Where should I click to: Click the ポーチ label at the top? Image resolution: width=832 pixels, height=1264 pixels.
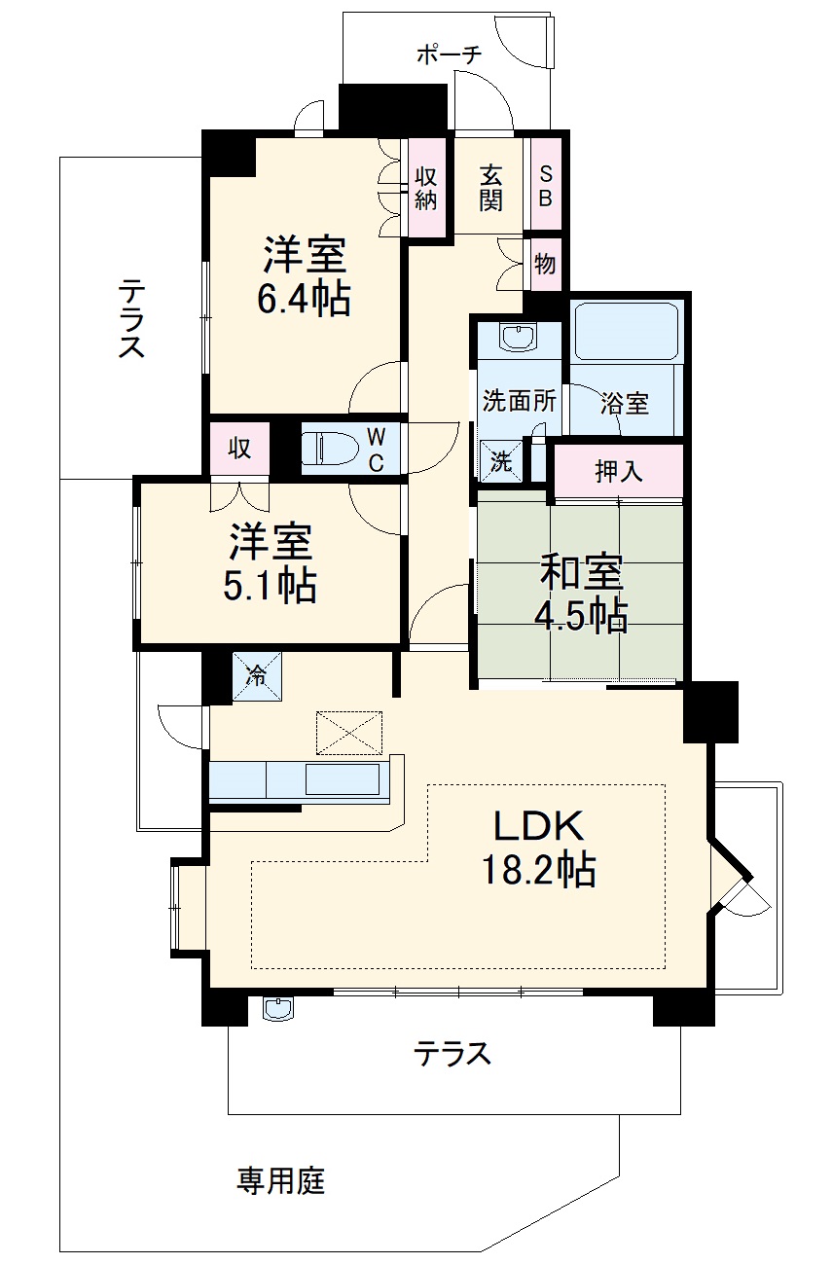[x=449, y=54]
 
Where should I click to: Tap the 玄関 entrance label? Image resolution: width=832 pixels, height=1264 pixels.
[x=489, y=188]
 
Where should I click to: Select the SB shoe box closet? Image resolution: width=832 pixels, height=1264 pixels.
[x=545, y=186]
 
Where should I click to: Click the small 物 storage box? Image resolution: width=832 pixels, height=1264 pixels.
[x=545, y=263]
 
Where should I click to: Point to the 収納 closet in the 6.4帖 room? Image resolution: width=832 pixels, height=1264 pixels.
[x=426, y=188]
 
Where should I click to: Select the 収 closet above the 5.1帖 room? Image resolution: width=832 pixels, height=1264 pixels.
[x=240, y=449]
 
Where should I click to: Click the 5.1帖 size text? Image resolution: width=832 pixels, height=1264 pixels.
[x=270, y=585]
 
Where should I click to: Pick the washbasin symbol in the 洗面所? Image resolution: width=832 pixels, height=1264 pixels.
[x=517, y=338]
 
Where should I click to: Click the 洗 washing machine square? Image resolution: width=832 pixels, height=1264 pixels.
[x=500, y=460]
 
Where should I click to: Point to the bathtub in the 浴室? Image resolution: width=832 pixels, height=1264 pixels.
[x=625, y=332]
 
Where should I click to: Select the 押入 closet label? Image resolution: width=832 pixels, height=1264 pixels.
[x=619, y=471]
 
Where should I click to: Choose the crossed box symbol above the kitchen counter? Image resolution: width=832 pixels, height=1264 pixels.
[x=348, y=732]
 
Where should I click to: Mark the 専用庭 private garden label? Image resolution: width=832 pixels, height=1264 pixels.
[x=281, y=1181]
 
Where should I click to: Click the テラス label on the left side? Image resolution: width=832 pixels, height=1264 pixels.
[x=132, y=319]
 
